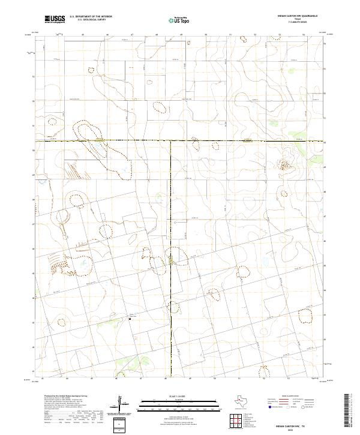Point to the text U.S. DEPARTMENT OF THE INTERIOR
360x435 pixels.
click(91, 17)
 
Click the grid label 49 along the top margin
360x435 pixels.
click(181, 35)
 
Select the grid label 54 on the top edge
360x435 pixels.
click(304, 35)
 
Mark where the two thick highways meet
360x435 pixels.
click(172, 141)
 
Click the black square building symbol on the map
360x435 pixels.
click(131, 319)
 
